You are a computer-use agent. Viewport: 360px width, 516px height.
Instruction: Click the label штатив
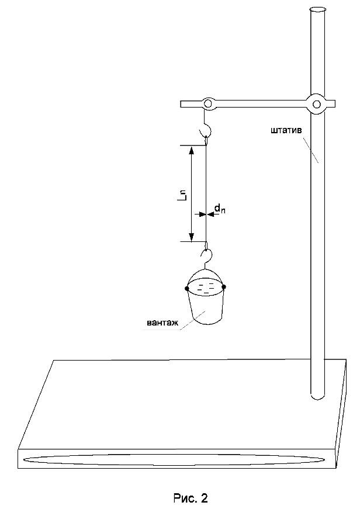pos(286,131)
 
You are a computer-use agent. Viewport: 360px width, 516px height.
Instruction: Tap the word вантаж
pos(162,323)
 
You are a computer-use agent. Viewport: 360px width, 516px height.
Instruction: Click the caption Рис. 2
pos(190,498)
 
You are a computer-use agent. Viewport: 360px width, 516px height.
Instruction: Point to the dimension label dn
pos(220,209)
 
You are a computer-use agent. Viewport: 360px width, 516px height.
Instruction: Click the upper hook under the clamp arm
pos(207,129)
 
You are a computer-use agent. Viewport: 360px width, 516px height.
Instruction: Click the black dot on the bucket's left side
pos(187,289)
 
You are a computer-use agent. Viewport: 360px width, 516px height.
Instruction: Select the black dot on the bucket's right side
pos(224,287)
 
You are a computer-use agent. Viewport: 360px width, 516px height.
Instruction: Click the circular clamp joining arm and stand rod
pos(317,105)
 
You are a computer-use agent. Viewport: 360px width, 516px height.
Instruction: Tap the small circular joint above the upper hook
pos(207,104)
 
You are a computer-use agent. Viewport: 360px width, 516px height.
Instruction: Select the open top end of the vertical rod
pos(317,10)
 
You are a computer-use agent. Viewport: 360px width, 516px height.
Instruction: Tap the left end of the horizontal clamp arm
pos(181,104)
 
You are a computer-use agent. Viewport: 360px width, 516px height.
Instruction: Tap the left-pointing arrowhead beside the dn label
pos(210,214)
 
